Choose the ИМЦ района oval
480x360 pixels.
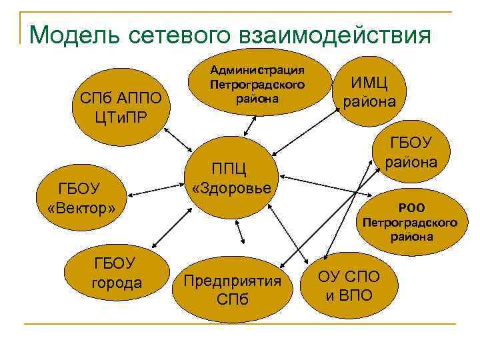369,93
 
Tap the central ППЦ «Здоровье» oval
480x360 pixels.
231,177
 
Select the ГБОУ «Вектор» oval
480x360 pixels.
82,199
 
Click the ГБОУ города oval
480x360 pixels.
116,274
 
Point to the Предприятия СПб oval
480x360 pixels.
233,288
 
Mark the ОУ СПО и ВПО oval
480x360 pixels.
349,285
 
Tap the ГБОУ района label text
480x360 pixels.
411,153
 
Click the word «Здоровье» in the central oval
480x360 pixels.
231,187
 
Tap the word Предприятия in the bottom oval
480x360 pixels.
233,280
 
